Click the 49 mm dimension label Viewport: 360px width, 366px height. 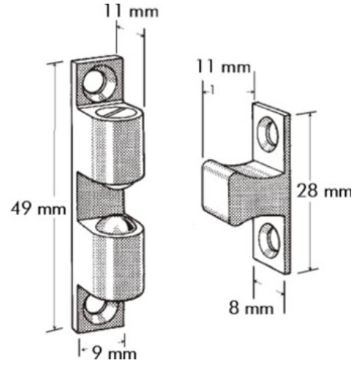tap(38, 209)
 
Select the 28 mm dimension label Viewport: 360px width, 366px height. tap(324, 191)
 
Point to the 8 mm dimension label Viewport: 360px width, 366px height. tap(251, 308)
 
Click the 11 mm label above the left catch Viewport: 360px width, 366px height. tap(131, 11)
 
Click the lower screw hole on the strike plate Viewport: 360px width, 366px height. tap(269, 241)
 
